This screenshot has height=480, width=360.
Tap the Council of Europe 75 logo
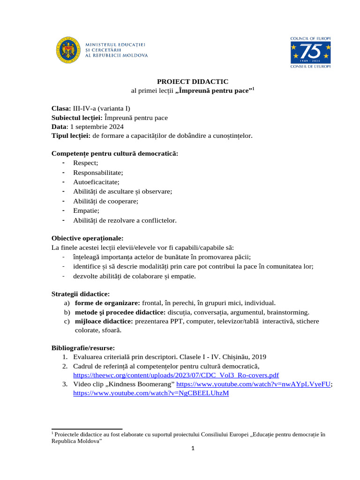click(310, 52)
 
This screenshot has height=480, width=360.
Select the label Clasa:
click(61, 108)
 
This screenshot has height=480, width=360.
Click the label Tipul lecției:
click(71, 135)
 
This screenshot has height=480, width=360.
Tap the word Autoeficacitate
click(96, 182)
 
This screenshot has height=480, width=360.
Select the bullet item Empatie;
click(86, 210)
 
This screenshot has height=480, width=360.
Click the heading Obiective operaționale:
click(87, 238)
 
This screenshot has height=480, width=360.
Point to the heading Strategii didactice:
click(80, 294)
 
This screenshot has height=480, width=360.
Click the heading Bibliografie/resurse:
click(82, 348)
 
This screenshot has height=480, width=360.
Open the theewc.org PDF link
click(176, 375)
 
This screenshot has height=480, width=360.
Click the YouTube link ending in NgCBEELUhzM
click(151, 393)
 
